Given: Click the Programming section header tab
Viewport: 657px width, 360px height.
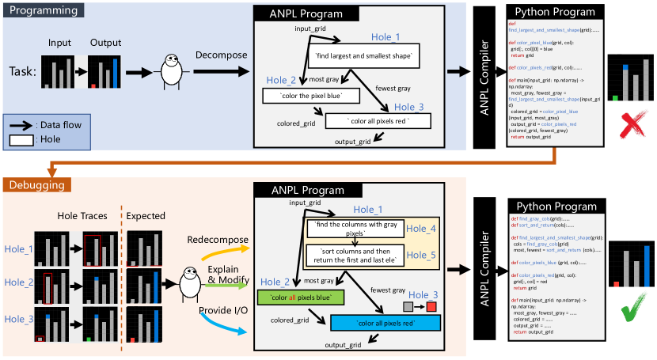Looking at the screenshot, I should click(x=44, y=11).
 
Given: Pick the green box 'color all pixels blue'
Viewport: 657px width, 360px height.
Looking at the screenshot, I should click(x=299, y=297).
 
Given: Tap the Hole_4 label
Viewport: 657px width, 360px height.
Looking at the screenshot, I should click(x=420, y=229).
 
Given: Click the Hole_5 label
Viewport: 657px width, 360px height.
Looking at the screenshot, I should click(x=420, y=255).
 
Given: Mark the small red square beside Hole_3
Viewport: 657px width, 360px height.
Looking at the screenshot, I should click(x=432, y=306).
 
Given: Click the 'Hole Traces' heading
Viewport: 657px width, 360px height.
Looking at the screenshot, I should click(x=82, y=214).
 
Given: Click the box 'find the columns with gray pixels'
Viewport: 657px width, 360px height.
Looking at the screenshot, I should click(x=353, y=229).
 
